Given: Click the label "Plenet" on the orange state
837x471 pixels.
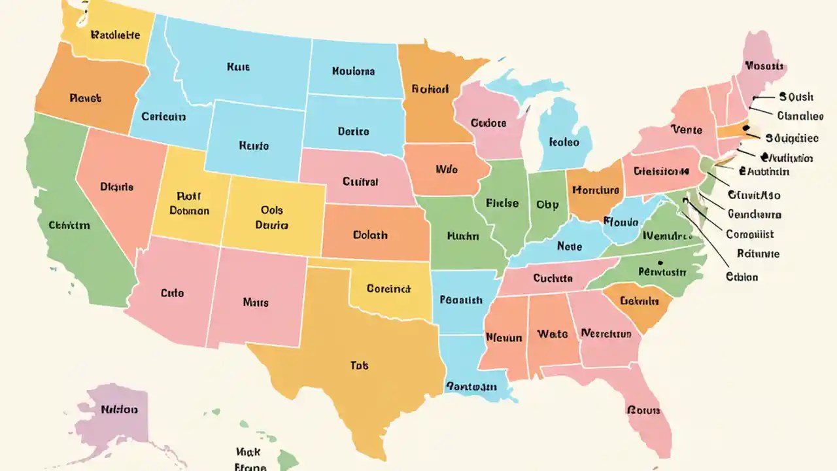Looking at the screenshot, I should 85,99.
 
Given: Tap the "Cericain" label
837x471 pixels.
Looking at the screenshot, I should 163,117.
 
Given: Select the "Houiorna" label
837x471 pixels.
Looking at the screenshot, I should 353,71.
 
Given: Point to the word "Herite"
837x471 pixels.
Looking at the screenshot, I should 254,146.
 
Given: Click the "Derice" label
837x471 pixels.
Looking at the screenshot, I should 353,131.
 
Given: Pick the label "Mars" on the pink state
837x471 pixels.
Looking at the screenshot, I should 256,302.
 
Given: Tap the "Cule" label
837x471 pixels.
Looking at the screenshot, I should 172,294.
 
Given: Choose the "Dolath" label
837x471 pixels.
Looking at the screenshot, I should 370,235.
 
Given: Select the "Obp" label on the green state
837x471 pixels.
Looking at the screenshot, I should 547,205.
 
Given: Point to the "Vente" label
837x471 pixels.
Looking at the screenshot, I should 687,130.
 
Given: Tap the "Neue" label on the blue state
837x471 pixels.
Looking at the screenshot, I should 569,247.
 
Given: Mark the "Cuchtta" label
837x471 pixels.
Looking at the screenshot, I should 553,278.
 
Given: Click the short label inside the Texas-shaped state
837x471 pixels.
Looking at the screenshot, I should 359,366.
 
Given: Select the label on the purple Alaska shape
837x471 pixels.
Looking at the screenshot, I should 119,410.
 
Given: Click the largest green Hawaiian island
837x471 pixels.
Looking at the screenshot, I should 288,459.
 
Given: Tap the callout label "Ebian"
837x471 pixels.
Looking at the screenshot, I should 742,277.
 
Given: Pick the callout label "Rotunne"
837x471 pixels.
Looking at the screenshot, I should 758,254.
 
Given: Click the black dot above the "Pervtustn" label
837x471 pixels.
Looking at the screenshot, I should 661,264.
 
